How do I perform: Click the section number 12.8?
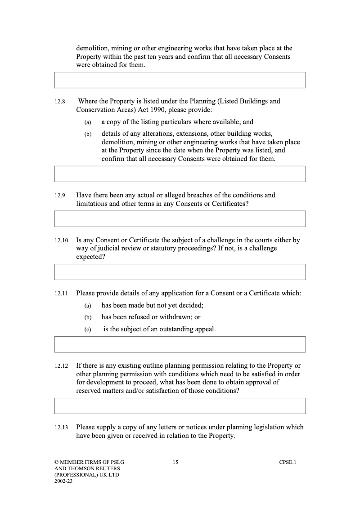point(60,102)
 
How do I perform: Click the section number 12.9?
point(60,196)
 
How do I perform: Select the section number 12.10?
point(61,241)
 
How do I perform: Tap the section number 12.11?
point(61,294)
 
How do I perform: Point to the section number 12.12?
point(61,366)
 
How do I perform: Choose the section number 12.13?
point(61,428)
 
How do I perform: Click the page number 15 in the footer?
point(175,462)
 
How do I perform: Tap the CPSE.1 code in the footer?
point(288,462)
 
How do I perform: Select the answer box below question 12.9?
point(180,219)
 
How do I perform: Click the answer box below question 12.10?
point(180,272)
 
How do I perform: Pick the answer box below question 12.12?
point(180,406)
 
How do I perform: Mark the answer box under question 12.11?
point(180,344)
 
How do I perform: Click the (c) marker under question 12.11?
point(88,330)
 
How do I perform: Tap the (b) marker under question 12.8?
point(88,134)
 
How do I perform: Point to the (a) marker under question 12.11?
point(88,306)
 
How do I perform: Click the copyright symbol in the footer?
point(56,462)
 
